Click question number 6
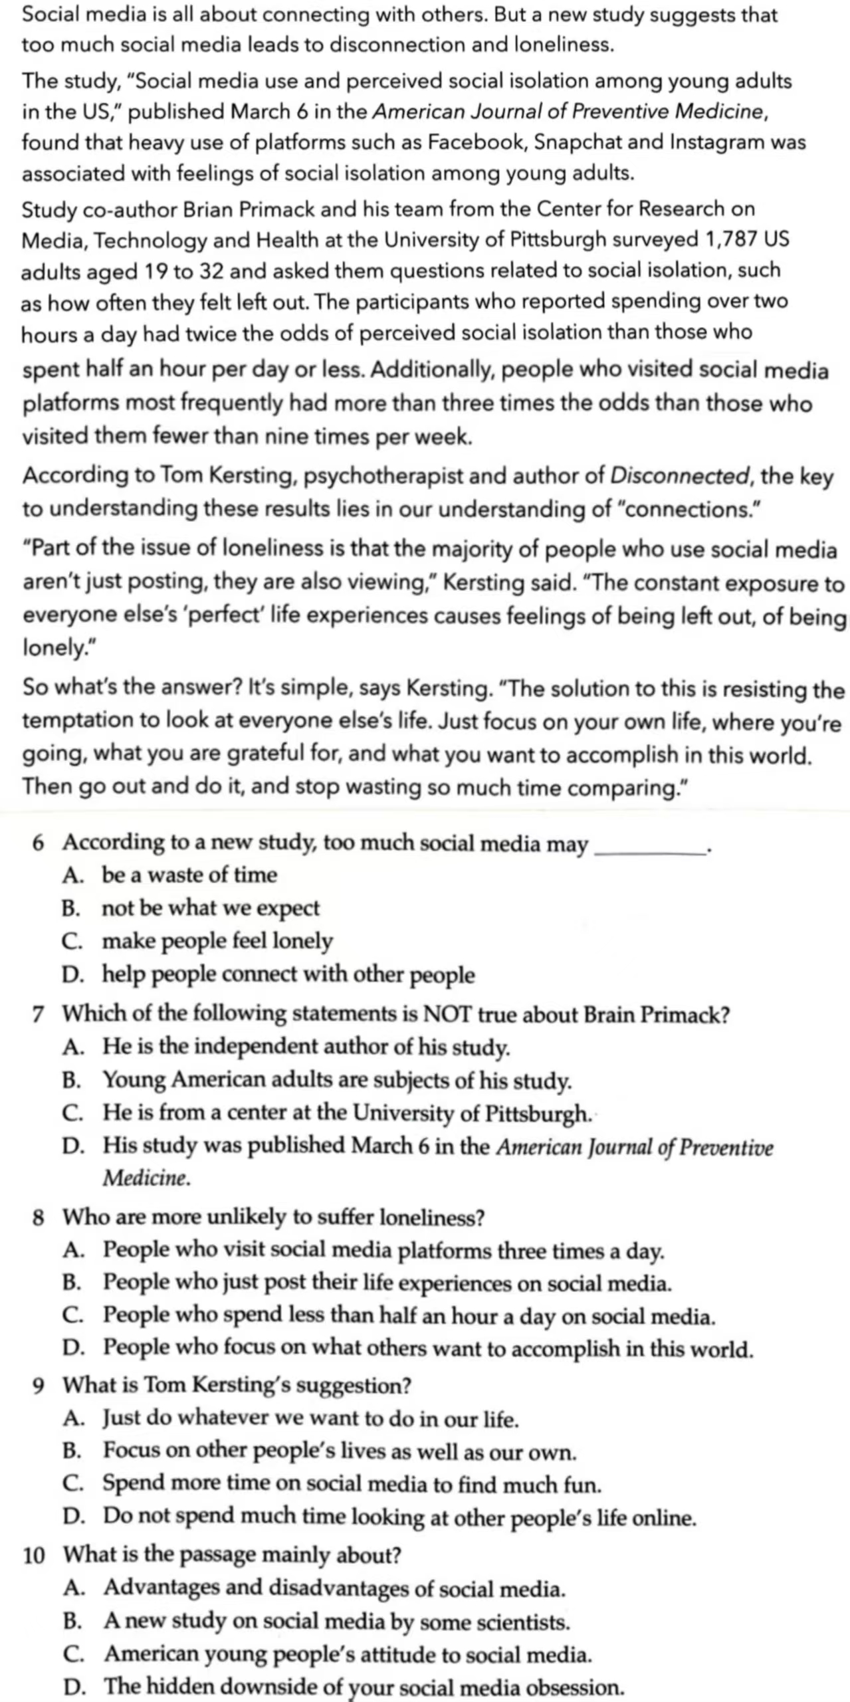pos(39,843)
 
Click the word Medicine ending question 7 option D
pos(146,1178)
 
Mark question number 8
pos(39,1218)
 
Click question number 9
pos(39,1386)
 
